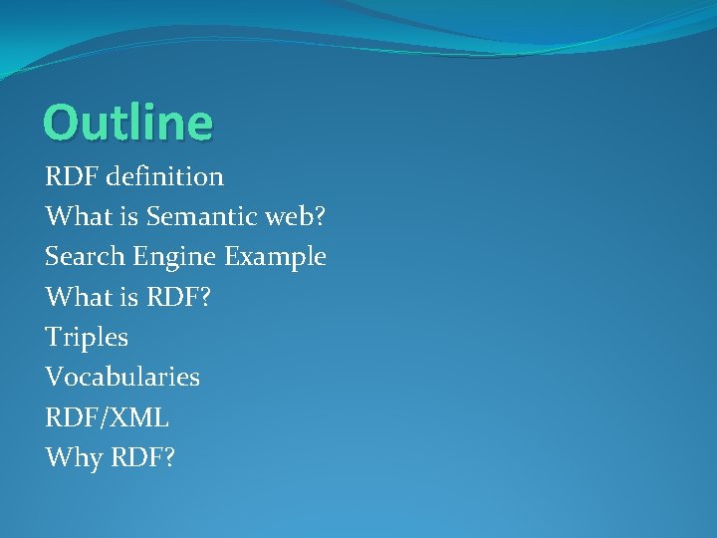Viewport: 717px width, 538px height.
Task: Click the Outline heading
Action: coord(127,123)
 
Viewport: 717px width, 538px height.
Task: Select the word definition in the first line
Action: coord(163,177)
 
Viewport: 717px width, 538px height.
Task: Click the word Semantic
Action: coord(187,217)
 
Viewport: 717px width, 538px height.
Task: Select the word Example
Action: coord(275,257)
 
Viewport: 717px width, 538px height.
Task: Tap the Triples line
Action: coord(87,338)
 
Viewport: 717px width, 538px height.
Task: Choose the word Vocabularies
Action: coord(122,377)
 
